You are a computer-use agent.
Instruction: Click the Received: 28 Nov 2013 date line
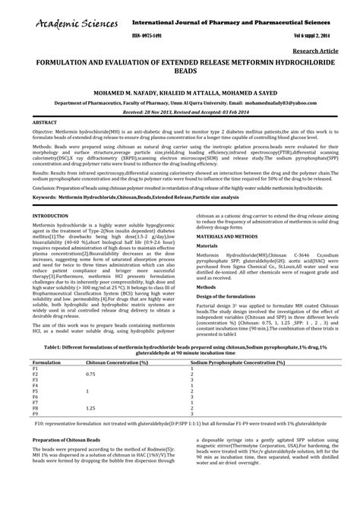pos(180,110)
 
